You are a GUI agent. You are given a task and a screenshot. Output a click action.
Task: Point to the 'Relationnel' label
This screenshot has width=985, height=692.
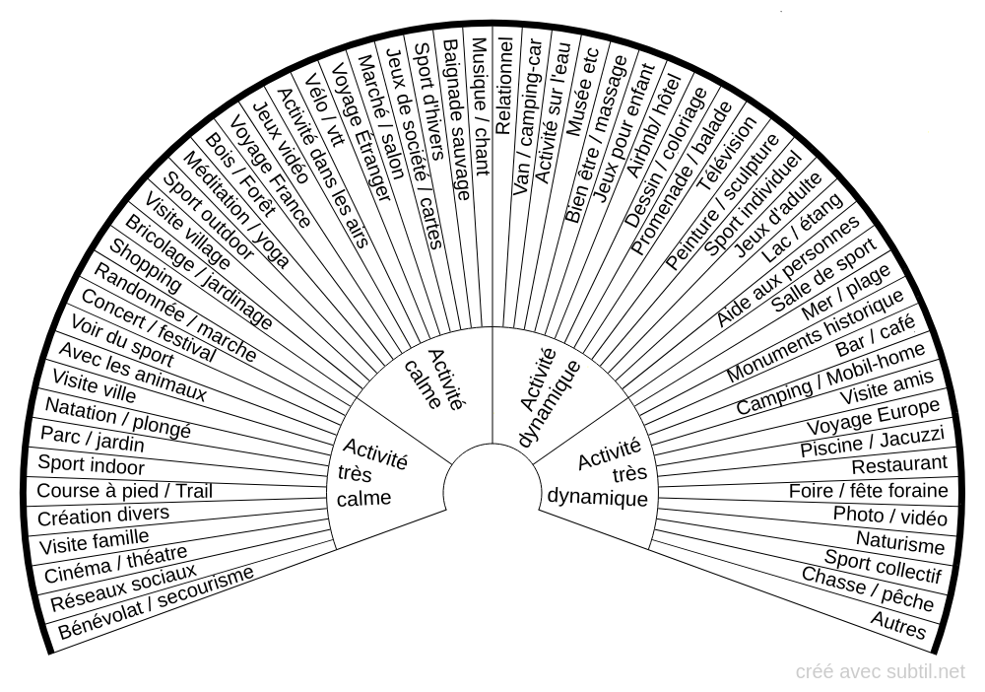click(503, 85)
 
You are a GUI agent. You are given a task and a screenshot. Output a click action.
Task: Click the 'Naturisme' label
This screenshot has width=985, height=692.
click(899, 542)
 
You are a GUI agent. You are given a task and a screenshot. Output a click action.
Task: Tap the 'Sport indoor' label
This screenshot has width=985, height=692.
click(91, 465)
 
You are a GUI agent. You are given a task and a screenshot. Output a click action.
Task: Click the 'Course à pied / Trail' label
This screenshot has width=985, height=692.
click(124, 490)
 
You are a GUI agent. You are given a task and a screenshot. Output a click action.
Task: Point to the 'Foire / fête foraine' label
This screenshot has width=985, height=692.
click(868, 490)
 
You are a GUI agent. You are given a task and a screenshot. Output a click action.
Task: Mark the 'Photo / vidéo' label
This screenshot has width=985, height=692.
click(889, 515)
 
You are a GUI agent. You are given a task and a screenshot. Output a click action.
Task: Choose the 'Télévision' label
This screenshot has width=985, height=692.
click(726, 152)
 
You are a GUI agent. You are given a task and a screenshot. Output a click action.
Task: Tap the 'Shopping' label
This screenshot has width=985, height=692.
click(145, 265)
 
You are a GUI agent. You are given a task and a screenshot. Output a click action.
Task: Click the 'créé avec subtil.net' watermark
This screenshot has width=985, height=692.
click(881, 671)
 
